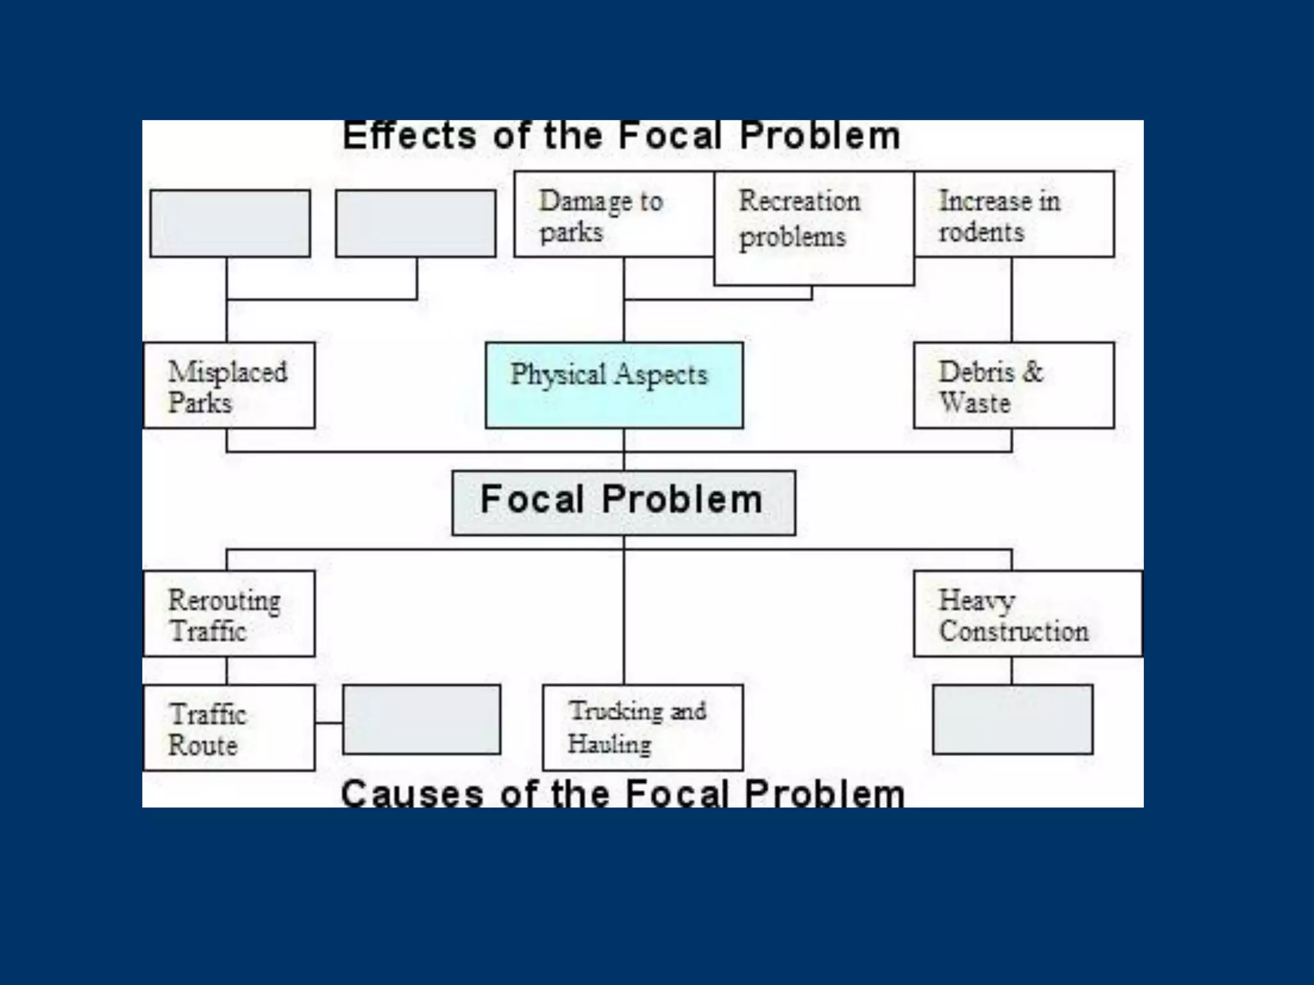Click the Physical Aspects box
[614, 385]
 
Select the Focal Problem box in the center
[623, 503]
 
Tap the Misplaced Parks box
[229, 385]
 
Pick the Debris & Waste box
[1013, 385]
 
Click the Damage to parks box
[613, 214]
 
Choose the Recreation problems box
[814, 228]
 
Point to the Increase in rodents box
[1014, 214]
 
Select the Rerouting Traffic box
[229, 613]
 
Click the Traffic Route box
[229, 727]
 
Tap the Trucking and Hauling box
[642, 727]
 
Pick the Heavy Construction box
[1027, 613]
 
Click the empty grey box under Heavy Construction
[1012, 719]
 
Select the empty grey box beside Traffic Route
[422, 719]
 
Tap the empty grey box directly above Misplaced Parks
[230, 223]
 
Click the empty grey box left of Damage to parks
[415, 223]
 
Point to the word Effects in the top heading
[409, 136]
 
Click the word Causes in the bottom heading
[411, 794]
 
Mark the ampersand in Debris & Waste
[1032, 372]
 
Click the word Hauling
[609, 744]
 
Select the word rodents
[981, 232]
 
